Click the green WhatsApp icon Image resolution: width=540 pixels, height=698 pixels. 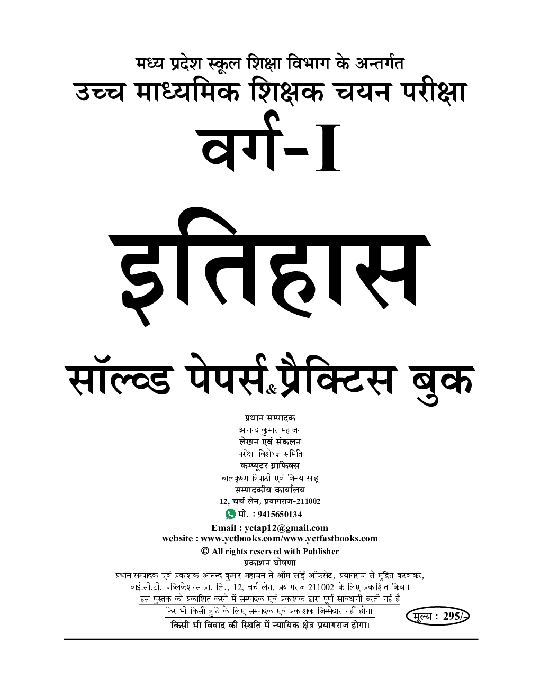230,514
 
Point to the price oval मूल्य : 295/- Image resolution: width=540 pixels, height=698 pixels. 437,616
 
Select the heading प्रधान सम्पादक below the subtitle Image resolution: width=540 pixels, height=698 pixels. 270,418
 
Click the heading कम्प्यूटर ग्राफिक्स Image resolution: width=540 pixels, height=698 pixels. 270,466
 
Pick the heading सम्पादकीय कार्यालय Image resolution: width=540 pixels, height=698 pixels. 270,490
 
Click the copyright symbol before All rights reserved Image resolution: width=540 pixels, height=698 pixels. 205,551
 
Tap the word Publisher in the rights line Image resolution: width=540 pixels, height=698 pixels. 321,552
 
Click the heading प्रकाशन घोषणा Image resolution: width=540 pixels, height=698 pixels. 270,563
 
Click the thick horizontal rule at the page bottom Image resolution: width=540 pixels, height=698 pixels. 271,639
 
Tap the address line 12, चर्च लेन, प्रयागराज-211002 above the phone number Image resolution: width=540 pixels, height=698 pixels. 270,501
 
